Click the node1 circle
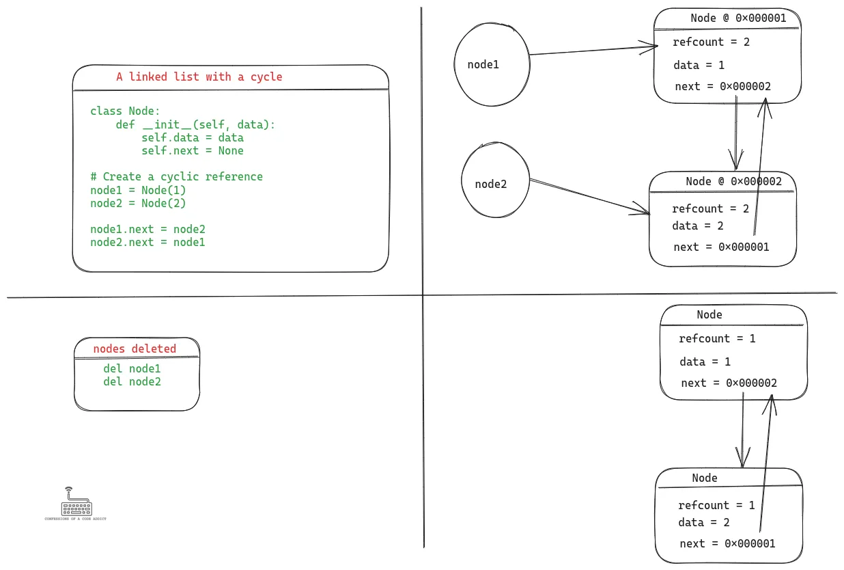[x=492, y=64]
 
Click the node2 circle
[x=496, y=184]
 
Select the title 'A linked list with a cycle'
[x=199, y=77]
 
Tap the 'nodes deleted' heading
[x=135, y=349]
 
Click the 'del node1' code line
[x=132, y=368]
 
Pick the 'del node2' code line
[x=132, y=381]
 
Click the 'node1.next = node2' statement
[x=147, y=229]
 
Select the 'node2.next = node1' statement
[x=147, y=242]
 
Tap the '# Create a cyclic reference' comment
[x=176, y=176]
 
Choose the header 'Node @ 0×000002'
[x=733, y=181]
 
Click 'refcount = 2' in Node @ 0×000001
[x=711, y=42]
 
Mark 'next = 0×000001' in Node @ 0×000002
[x=721, y=247]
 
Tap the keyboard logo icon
[x=75, y=505]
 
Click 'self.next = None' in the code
[x=193, y=150]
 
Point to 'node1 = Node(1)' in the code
[x=138, y=190]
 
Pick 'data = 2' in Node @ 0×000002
[x=697, y=226]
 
